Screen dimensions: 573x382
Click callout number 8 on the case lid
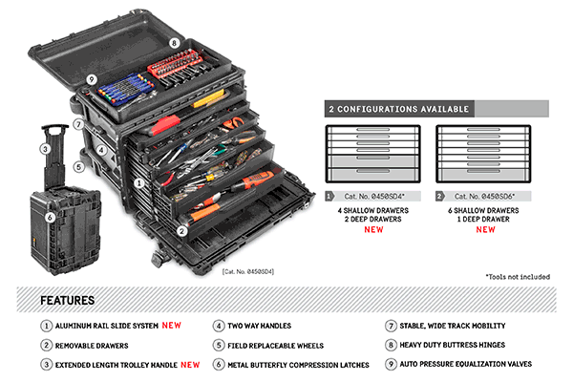pos(174,43)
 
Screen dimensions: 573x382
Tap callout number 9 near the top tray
pos(92,79)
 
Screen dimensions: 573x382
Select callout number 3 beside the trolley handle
pos(45,149)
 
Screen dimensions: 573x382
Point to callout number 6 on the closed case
pos(50,218)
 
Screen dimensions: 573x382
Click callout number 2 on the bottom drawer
pos(181,231)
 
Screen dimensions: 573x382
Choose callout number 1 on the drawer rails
pos(138,182)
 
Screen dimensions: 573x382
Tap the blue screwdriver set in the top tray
pos(125,87)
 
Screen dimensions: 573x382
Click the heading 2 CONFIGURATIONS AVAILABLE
pos(398,109)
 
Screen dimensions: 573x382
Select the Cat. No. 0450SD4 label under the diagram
pos(374,197)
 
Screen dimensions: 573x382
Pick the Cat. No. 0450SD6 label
pos(484,197)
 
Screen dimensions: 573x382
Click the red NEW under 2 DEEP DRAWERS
pos(373,229)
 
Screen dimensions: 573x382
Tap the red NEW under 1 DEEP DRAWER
pos(485,229)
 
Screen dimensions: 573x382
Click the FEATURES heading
pos(67,301)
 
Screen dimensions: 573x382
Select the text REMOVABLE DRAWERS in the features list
pos(92,346)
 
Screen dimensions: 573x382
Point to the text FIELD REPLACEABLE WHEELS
pos(276,346)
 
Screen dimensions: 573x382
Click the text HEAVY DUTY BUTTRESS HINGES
pos(453,345)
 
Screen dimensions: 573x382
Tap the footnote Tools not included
pos(518,277)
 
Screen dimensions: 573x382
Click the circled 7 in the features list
pos(391,326)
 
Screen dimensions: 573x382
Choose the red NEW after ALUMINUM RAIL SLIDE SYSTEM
pos(171,325)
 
